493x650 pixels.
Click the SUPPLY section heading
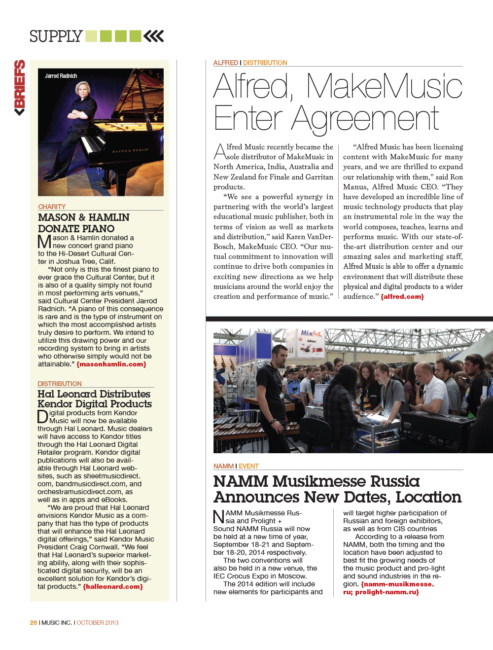pos(56,36)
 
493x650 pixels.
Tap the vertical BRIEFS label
pos(20,87)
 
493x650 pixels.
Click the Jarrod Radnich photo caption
pos(61,76)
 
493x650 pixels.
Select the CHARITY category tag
pos(52,207)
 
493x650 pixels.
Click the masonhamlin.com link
pos(111,364)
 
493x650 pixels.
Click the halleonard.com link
pos(113,587)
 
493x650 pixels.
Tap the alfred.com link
pos(402,297)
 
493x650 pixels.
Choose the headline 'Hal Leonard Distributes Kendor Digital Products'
pos(95,399)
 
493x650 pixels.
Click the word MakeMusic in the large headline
pos(385,87)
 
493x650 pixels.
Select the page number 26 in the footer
pos(34,623)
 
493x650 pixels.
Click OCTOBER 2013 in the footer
pos(98,623)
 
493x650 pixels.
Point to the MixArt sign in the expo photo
pos(311,334)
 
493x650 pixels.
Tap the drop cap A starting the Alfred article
pos(219,151)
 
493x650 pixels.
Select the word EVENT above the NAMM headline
pos(248,466)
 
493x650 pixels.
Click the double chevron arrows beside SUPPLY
pos(154,36)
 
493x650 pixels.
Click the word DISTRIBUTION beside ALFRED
pos(265,63)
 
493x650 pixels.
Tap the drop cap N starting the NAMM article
pos(218,517)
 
